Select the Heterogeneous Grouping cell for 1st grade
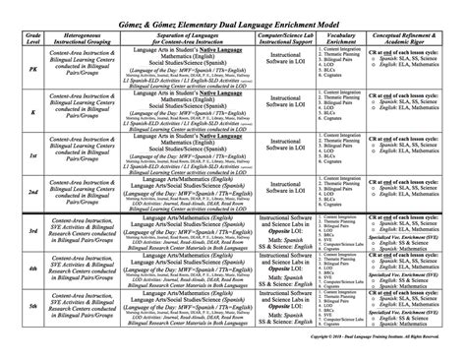tap(70, 154)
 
